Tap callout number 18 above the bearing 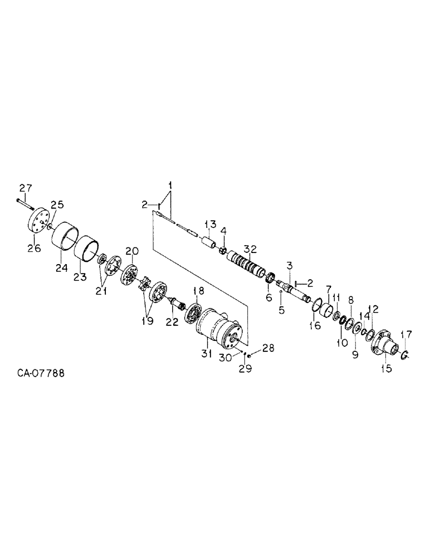coord(199,291)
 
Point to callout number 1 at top coord(170,185)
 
